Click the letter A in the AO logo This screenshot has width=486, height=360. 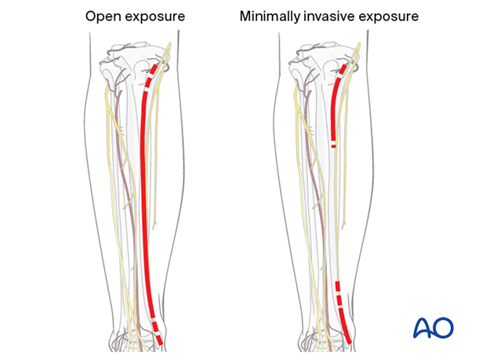click(x=421, y=328)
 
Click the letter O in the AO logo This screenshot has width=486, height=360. click(x=443, y=328)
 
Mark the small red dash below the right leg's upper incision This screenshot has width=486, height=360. click(x=335, y=145)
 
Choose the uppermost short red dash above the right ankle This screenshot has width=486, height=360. click(x=338, y=286)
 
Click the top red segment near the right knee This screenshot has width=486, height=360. click(x=343, y=69)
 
